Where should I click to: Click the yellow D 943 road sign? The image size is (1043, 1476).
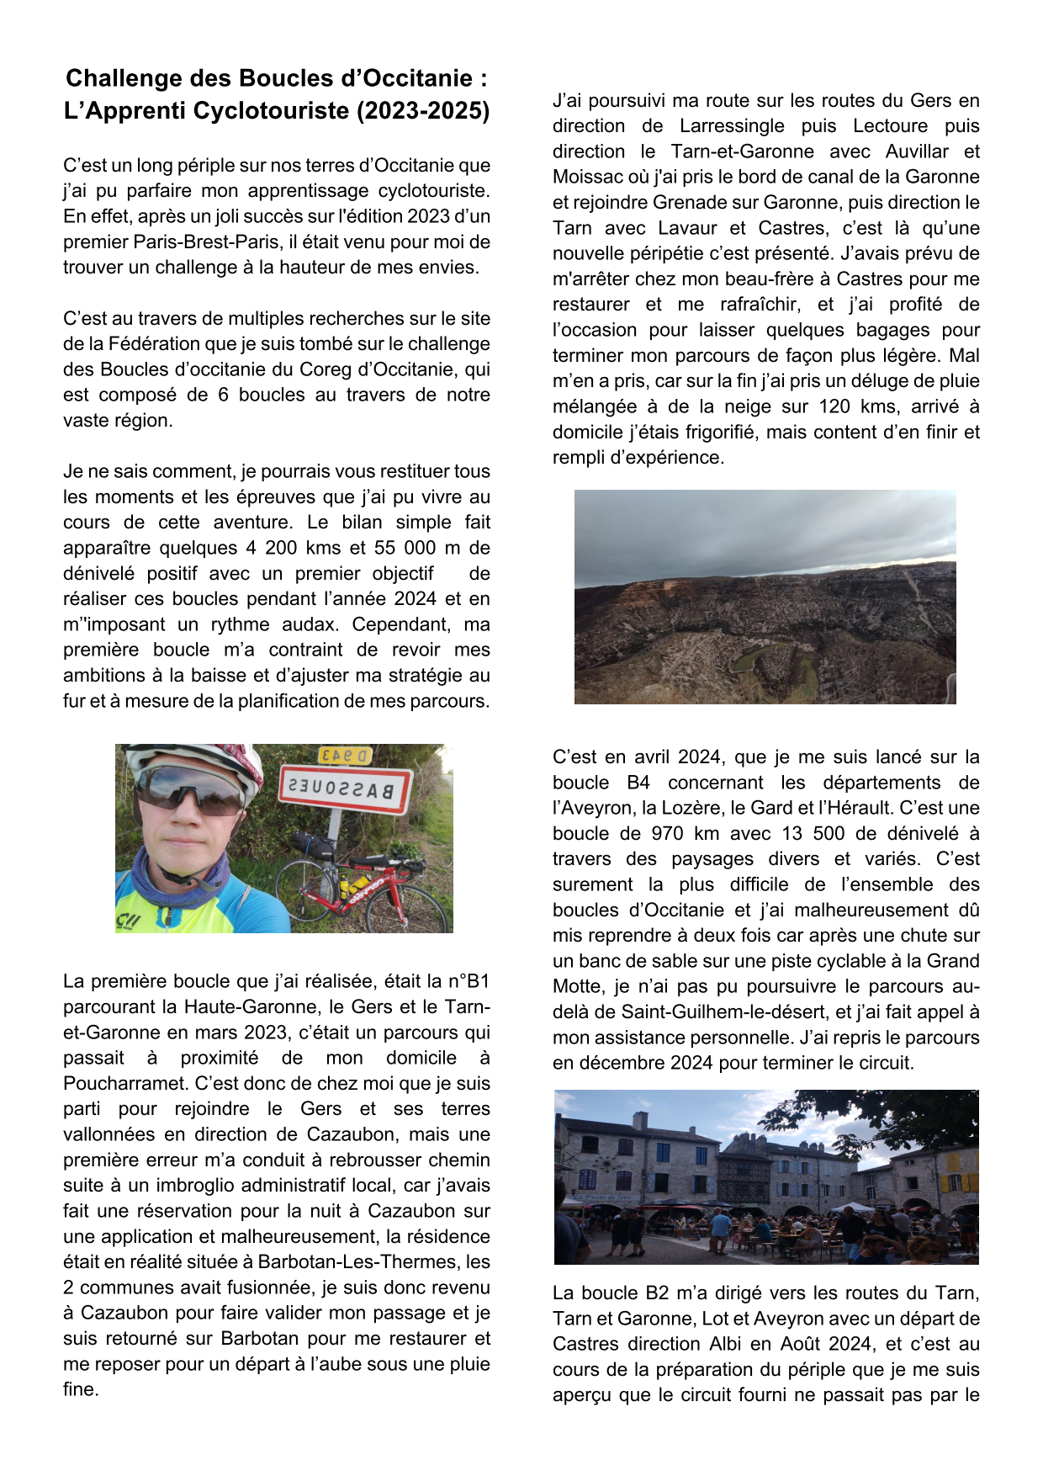(345, 755)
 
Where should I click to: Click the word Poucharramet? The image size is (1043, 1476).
(126, 1084)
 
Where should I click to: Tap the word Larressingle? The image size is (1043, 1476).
(733, 126)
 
